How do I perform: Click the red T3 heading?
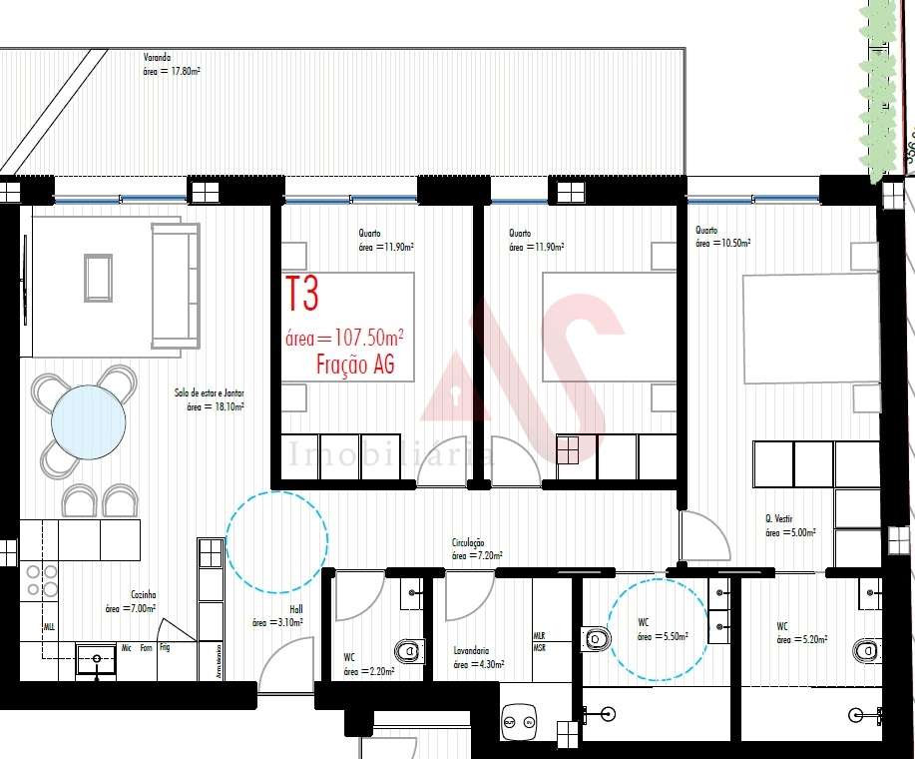pos(302,295)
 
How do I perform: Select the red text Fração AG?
pos(355,366)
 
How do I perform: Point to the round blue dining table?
pos(89,421)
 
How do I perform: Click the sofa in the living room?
pos(175,285)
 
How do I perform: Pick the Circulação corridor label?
pos(468,542)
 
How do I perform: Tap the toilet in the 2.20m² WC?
pos(409,652)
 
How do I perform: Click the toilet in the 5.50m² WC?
pos(596,638)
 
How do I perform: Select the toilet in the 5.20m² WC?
pos(867,650)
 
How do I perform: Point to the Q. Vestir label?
pos(779,519)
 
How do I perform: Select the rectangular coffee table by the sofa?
pos(98,278)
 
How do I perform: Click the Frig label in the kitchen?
pos(164,648)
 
